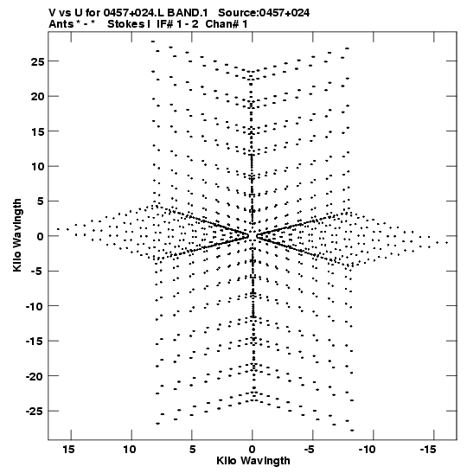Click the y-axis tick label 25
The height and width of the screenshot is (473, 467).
click(x=37, y=61)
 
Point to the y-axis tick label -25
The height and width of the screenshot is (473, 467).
click(x=35, y=411)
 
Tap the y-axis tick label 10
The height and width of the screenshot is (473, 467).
click(x=37, y=166)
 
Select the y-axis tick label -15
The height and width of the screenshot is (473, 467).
click(x=35, y=342)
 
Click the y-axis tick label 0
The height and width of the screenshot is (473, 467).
click(x=41, y=236)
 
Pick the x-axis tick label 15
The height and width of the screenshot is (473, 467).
click(x=69, y=450)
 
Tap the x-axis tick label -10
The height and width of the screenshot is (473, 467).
click(x=368, y=450)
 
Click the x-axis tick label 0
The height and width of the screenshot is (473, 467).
click(x=253, y=450)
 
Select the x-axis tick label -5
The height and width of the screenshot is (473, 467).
click(x=310, y=450)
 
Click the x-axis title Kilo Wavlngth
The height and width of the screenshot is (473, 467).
click(x=253, y=461)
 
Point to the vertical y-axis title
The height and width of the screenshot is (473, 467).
click(x=17, y=235)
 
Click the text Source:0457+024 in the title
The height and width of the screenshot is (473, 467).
click(x=264, y=13)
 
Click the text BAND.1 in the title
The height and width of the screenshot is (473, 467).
click(x=188, y=13)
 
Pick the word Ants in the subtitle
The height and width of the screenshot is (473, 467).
click(x=61, y=24)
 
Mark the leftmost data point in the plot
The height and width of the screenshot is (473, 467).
click(x=58, y=229)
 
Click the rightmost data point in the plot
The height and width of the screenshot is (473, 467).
click(x=447, y=242)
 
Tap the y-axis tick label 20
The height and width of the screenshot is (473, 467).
click(x=37, y=97)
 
